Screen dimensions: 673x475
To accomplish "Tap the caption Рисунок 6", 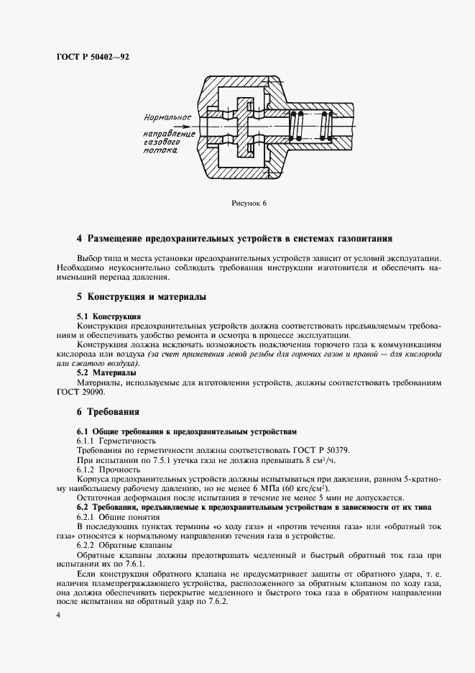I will (x=249, y=203).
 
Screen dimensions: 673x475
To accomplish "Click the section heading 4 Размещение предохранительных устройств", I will (x=234, y=239).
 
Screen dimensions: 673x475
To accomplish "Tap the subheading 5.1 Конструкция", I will (x=109, y=316).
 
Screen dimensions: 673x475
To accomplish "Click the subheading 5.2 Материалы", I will (x=106, y=373).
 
